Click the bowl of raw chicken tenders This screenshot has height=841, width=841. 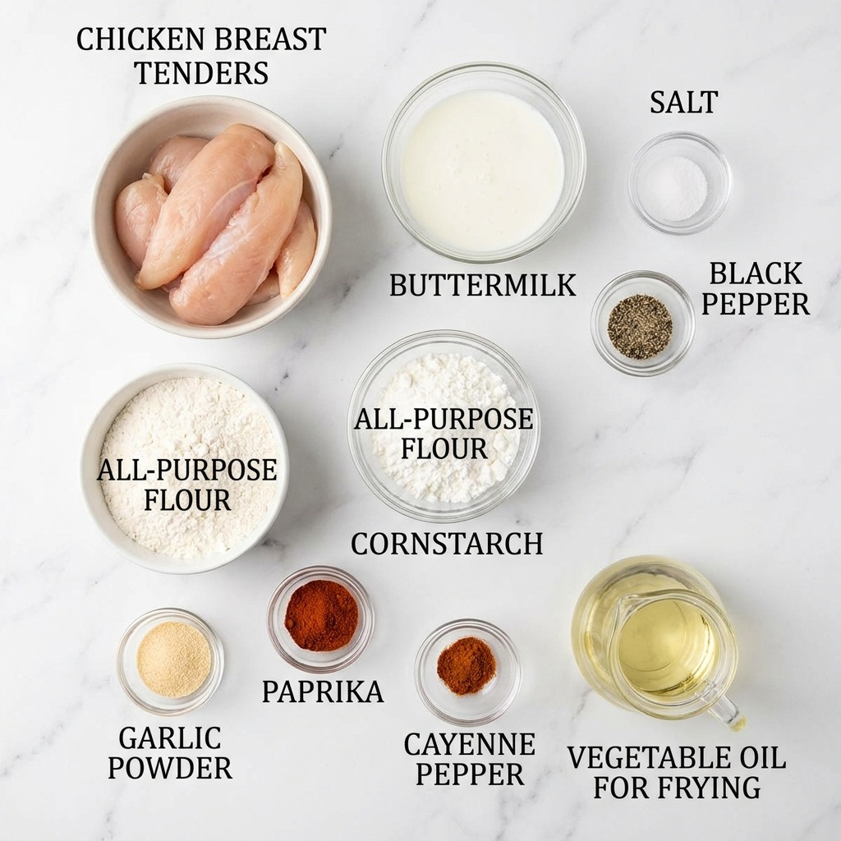(x=211, y=217)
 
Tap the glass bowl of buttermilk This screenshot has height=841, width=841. (x=483, y=162)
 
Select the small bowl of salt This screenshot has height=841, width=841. (x=679, y=183)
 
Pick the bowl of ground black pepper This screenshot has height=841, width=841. (x=642, y=323)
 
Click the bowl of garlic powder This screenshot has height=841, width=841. (x=171, y=661)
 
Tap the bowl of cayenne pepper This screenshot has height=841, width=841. (x=467, y=672)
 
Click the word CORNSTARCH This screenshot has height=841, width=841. (x=447, y=544)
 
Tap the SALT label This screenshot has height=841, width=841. (x=684, y=102)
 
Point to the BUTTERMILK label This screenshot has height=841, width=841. (x=482, y=285)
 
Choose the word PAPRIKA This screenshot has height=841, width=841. (x=323, y=692)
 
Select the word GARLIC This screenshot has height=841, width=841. (x=169, y=738)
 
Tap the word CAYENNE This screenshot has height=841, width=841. (x=469, y=744)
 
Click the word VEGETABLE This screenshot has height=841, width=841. (x=647, y=758)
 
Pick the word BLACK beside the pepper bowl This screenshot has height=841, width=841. (x=756, y=273)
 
